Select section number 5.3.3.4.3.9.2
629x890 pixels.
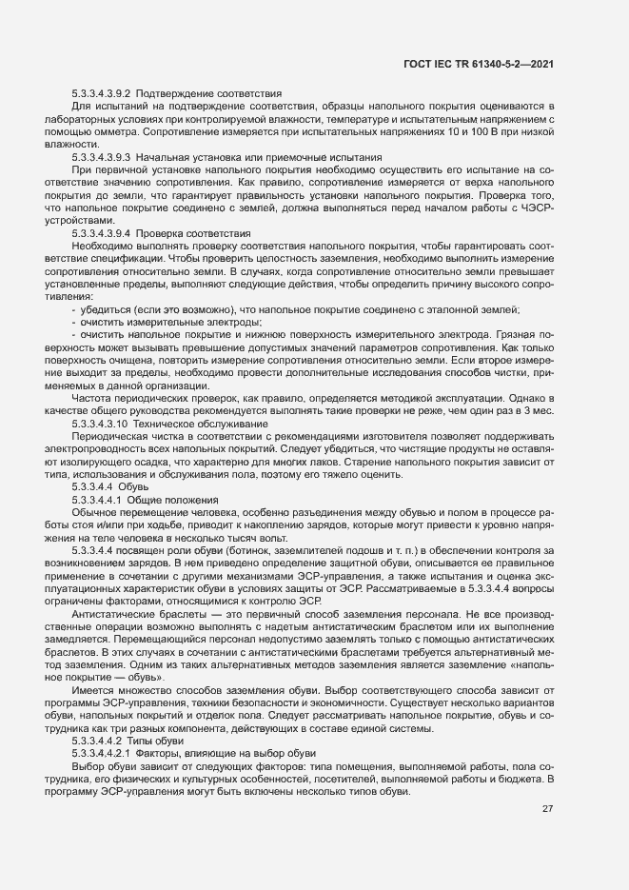click(101, 93)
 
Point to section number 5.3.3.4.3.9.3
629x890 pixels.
click(101, 156)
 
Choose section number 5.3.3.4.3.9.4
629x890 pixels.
click(101, 233)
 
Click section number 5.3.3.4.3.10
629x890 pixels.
click(99, 422)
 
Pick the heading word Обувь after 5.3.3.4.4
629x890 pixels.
click(135, 485)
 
